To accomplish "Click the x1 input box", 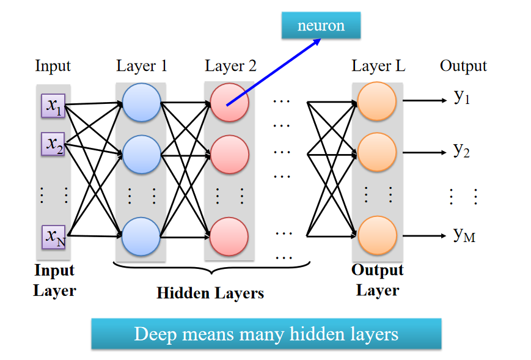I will pyautogui.click(x=53, y=106).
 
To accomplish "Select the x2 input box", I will pyautogui.click(x=53, y=144).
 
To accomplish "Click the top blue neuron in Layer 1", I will pyautogui.click(x=141, y=102).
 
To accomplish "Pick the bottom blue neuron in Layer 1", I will pyautogui.click(x=141, y=236).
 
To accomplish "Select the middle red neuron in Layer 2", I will pyautogui.click(x=229, y=155).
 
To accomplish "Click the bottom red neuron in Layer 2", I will pyautogui.click(x=229, y=236).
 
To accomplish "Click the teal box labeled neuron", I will pyautogui.click(x=321, y=26).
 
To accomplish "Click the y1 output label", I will pyautogui.click(x=462, y=97).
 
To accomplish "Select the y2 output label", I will pyautogui.click(x=462, y=150).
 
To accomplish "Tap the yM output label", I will pyautogui.click(x=464, y=235).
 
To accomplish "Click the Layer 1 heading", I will pyautogui.click(x=141, y=66).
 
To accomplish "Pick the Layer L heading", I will pyautogui.click(x=378, y=66).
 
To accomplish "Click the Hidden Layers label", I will pyautogui.click(x=210, y=293).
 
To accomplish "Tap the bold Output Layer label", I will pyautogui.click(x=378, y=280).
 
